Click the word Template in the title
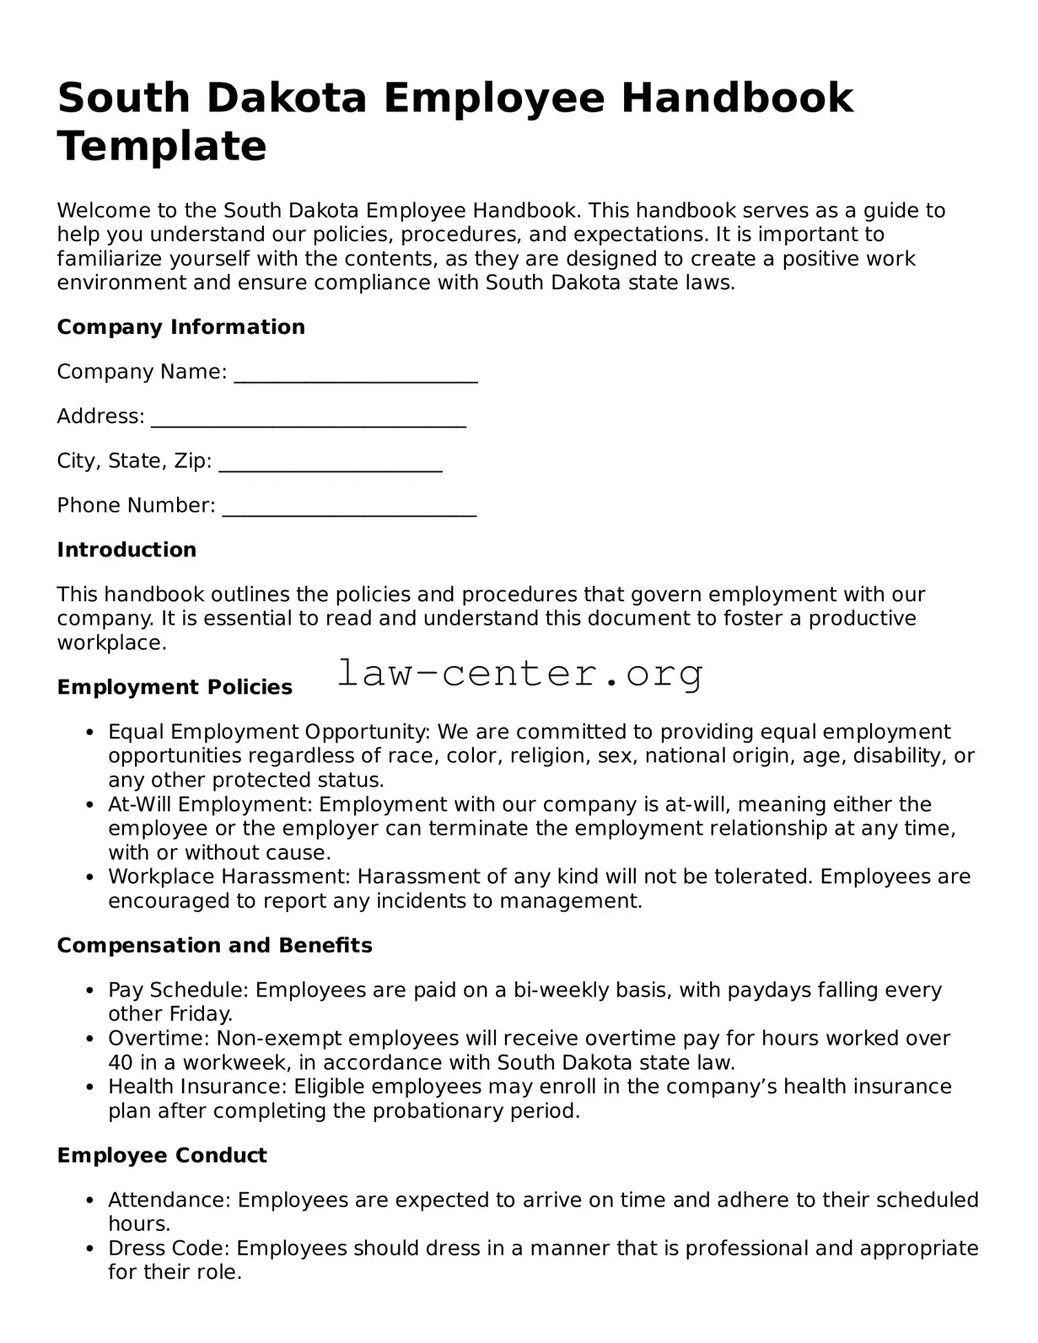[162, 146]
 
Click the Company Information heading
[180, 327]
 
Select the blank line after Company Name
[355, 373]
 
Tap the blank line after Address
[308, 418]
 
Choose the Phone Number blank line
[349, 508]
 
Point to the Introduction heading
[126, 550]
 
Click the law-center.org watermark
[519, 674]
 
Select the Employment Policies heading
[175, 687]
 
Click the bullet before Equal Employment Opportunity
[89, 733]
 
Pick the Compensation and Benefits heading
[214, 945]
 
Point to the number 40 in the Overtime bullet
[119, 1062]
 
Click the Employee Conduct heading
[162, 1155]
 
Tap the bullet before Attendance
[89, 1201]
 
